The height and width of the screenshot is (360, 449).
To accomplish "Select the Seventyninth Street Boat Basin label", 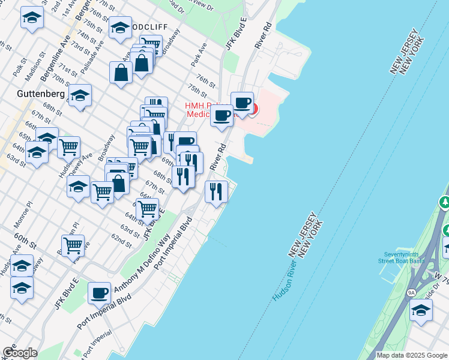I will click(401, 257).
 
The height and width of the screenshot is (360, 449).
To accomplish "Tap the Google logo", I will click(19, 353).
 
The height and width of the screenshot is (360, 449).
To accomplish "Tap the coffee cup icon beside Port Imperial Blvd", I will click(100, 293).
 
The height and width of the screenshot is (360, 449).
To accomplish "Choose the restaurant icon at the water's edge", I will click(216, 191).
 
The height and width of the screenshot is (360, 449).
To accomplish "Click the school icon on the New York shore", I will click(421, 310).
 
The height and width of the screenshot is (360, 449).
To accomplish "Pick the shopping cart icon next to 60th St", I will click(73, 245).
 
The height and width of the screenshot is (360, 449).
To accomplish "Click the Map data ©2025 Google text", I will click(411, 355).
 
